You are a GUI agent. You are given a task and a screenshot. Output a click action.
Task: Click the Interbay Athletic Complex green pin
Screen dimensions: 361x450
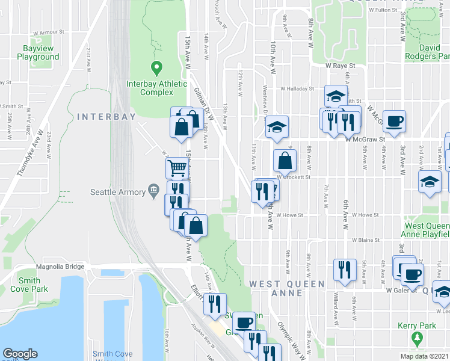point(156,68)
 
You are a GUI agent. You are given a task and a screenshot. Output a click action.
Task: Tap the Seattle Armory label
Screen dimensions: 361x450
point(118,192)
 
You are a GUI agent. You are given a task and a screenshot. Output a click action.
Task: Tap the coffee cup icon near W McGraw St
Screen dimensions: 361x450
point(395,122)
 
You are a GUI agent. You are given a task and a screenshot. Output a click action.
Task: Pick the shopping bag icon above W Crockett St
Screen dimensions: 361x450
point(285,161)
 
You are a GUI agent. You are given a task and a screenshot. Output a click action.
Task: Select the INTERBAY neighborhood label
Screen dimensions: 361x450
point(106,117)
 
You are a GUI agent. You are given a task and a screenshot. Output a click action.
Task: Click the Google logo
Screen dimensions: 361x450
point(20,354)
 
